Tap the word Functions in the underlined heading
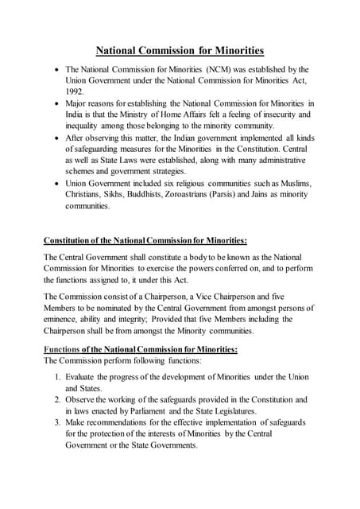pos(62,349)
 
